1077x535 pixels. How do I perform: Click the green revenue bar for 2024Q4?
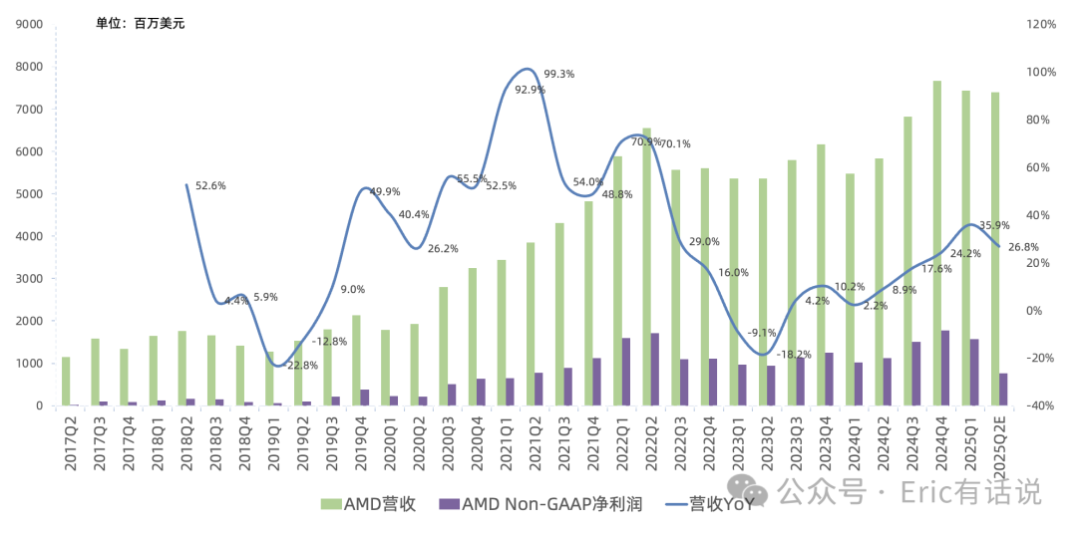pos(937,243)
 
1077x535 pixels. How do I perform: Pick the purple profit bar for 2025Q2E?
pos(1003,390)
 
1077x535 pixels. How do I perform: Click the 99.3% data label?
pos(559,74)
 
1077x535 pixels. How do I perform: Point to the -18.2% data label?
pos(794,354)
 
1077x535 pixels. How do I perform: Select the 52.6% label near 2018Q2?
pos(210,185)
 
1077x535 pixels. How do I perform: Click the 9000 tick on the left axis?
pos(29,24)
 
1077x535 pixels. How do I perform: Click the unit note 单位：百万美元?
pos(140,23)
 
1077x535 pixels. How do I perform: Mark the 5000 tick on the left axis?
pos(29,194)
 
